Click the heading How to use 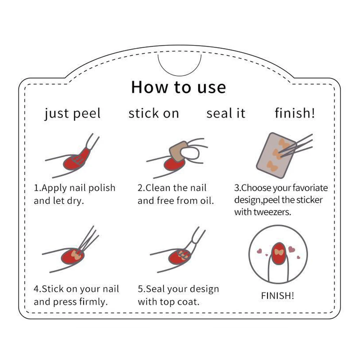pos(179,87)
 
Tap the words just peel pos(73,113)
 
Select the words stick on pos(154,113)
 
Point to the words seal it pos(226,113)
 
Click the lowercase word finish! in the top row pos(295,113)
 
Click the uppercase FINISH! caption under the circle pos(278,296)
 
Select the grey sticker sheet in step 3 pos(276,156)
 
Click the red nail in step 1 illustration pos(75,161)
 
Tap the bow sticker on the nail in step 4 pos(76,255)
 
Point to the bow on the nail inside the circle pos(279,252)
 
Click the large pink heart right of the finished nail pos(291,249)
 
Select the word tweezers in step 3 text pos(272,212)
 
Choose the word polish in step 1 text pos(102,188)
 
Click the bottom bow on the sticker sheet pos(272,166)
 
